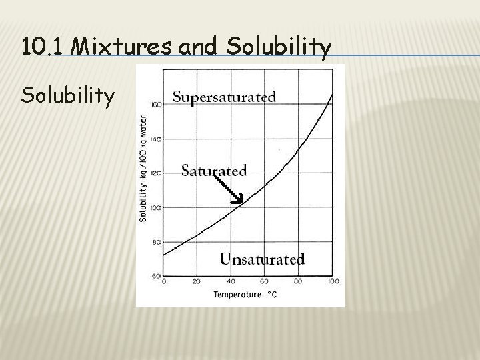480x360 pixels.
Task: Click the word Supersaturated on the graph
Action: click(224, 97)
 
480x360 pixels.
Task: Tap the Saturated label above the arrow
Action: click(214, 171)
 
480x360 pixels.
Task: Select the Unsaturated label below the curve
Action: click(262, 259)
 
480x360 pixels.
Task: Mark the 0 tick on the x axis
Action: click(164, 281)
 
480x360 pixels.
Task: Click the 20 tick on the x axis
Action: click(197, 281)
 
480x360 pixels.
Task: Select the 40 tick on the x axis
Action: click(231, 281)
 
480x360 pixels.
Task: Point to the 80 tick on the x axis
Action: click(298, 281)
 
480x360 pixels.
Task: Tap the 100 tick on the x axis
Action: click(333, 281)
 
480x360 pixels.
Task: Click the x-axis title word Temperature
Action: click(237, 294)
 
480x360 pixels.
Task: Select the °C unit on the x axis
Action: click(273, 294)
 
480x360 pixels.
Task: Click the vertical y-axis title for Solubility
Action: click(143, 169)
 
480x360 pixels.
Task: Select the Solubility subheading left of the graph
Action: click(67, 96)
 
